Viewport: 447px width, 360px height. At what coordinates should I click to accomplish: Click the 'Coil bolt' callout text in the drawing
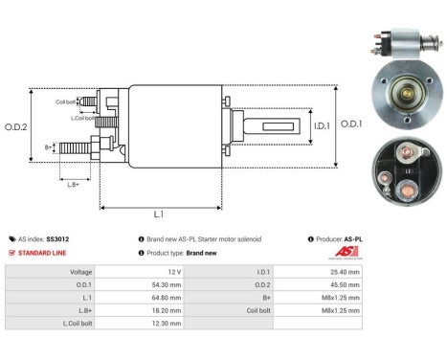pyautogui.click(x=66, y=101)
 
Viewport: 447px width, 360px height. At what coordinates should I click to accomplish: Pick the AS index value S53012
pyautogui.click(x=55, y=238)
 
